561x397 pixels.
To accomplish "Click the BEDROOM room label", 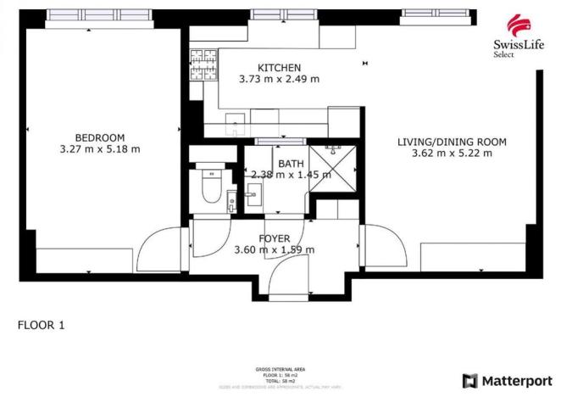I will pos(99,137).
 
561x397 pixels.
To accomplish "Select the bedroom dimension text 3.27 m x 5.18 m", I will pos(99,148).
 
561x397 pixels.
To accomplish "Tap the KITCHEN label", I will pos(279,68).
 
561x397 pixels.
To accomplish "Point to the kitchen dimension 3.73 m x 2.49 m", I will pos(279,79).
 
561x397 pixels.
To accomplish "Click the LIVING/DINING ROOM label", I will pos(452,142).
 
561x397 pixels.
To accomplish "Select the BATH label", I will pos(286,164).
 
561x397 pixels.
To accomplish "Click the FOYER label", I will pos(274,238).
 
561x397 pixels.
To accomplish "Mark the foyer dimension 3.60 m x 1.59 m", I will pos(274,249).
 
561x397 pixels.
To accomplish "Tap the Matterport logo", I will pos(507,381).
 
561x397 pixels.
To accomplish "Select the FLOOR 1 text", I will pos(41,324).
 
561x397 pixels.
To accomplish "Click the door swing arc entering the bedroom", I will pos(158,249).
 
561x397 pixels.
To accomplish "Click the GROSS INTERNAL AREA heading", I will pos(280,369).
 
